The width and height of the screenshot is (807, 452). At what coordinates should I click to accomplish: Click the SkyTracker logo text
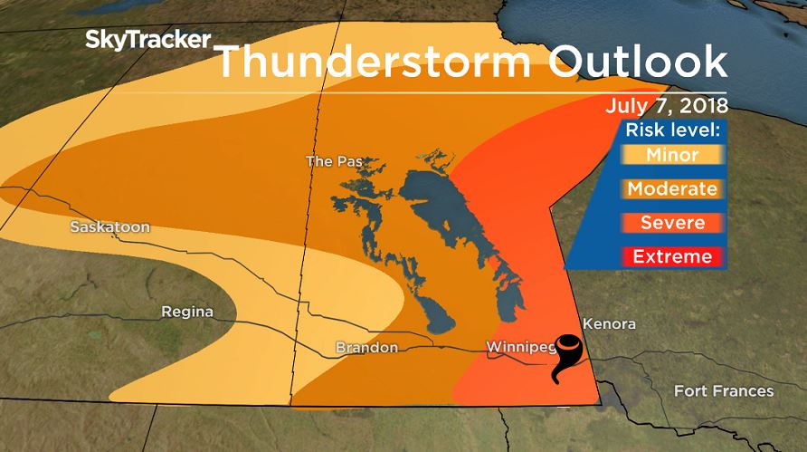tap(148, 40)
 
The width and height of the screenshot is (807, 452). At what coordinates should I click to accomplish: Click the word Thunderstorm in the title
tap(366, 61)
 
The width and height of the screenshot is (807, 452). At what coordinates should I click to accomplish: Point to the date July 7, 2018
tap(667, 105)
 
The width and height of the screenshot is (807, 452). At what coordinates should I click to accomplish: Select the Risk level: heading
tap(673, 129)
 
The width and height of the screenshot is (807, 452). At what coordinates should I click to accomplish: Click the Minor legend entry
tap(672, 155)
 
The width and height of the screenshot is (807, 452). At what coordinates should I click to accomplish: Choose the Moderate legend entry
tap(672, 189)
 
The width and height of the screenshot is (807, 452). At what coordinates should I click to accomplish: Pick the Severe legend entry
tap(672, 223)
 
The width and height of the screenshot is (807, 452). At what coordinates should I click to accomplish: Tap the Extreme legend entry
tap(672, 256)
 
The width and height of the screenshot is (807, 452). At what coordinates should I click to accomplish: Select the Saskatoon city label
tap(110, 227)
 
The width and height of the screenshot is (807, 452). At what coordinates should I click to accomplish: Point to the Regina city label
tap(187, 312)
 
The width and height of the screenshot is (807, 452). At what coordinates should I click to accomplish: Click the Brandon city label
tap(366, 347)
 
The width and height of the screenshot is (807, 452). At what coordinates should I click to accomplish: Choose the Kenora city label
tap(609, 323)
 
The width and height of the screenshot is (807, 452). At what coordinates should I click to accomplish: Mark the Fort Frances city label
tap(724, 391)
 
